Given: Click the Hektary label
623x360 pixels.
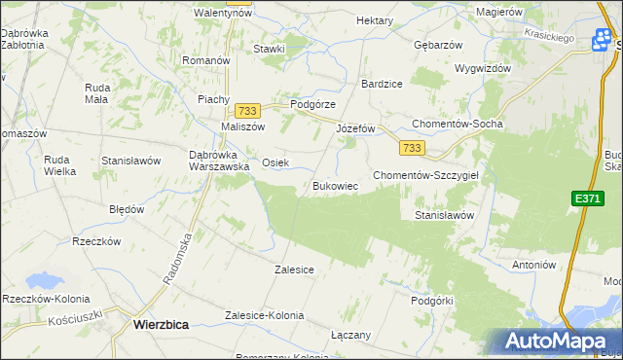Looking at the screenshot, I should click(x=375, y=20).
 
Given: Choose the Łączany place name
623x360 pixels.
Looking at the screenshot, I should click(x=350, y=335).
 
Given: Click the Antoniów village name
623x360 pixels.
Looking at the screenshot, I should click(x=533, y=264).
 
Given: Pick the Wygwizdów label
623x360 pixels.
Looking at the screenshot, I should click(x=482, y=69).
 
